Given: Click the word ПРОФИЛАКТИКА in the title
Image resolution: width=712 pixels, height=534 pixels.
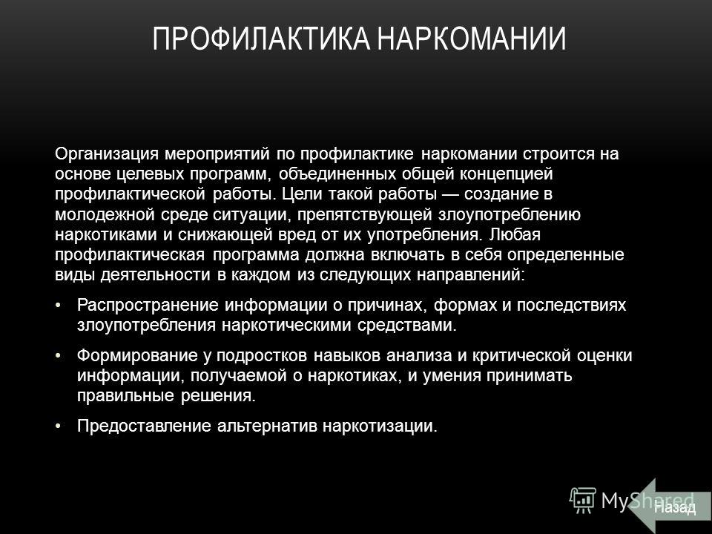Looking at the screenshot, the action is click(x=260, y=38).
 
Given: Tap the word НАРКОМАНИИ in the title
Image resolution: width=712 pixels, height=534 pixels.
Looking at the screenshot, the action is click(x=472, y=38).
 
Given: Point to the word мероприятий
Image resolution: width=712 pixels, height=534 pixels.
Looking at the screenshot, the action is click(x=217, y=155).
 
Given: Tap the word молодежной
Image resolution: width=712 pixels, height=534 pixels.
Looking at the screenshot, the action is click(x=105, y=215).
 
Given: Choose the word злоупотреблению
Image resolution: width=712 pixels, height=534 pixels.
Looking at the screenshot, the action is click(x=509, y=215).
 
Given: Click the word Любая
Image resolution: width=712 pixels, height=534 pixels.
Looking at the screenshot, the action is click(x=515, y=235).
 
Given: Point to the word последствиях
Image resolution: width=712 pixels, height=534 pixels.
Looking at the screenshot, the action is click(x=571, y=305).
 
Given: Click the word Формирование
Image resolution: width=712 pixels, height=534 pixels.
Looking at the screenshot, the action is click(x=137, y=355).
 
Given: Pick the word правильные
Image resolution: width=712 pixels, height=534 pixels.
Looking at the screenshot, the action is click(x=126, y=396).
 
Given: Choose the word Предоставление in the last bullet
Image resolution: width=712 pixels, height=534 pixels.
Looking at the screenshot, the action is click(x=144, y=426).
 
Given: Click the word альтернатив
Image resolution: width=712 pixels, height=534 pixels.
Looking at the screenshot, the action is click(x=267, y=426).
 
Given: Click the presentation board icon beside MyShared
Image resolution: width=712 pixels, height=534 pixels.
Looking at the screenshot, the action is click(x=583, y=500).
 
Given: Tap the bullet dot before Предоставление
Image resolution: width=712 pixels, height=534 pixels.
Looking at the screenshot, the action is click(x=58, y=426).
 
